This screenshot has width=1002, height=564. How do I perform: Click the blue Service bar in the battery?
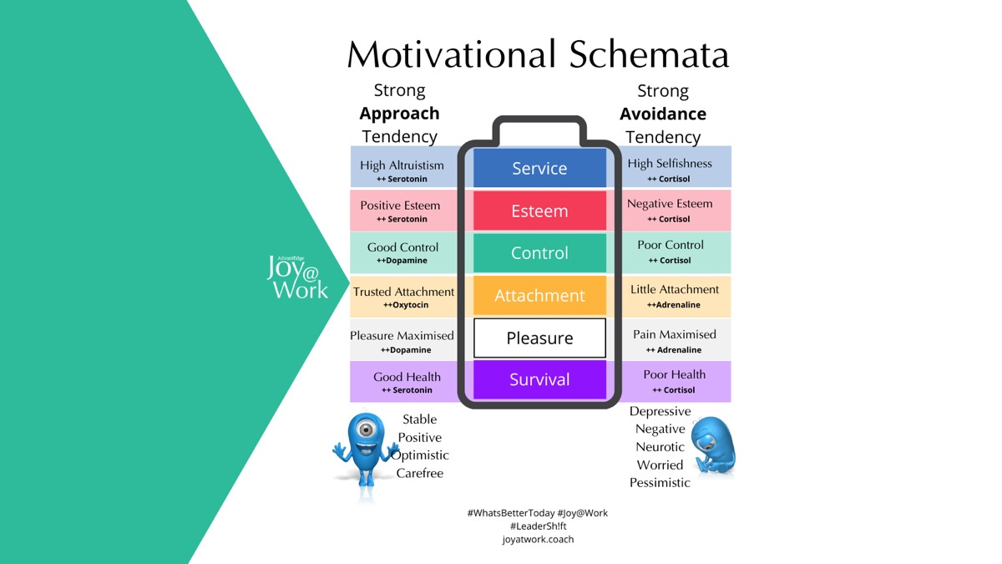(539, 168)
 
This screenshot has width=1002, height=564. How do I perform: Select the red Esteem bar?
(539, 211)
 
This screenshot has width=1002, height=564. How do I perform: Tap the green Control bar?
(539, 253)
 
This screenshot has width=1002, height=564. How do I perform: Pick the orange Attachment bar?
(539, 296)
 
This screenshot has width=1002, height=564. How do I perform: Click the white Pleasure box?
(539, 338)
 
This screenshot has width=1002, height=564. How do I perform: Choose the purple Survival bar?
(539, 379)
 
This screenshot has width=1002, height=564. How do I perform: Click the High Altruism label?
(402, 165)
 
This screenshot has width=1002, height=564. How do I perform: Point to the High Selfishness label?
(670, 164)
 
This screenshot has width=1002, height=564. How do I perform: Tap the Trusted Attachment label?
(403, 292)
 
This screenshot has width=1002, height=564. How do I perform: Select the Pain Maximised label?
(674, 334)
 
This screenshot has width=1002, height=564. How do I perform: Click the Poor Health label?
(674, 374)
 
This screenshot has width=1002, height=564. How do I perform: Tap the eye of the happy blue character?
(364, 430)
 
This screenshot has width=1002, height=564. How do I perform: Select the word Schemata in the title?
(650, 54)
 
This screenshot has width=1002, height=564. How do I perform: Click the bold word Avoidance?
(662, 114)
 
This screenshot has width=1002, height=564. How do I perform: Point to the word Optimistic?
(423, 455)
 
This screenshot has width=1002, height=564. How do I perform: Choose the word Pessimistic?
(660, 482)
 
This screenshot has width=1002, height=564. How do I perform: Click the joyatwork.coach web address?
(538, 539)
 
